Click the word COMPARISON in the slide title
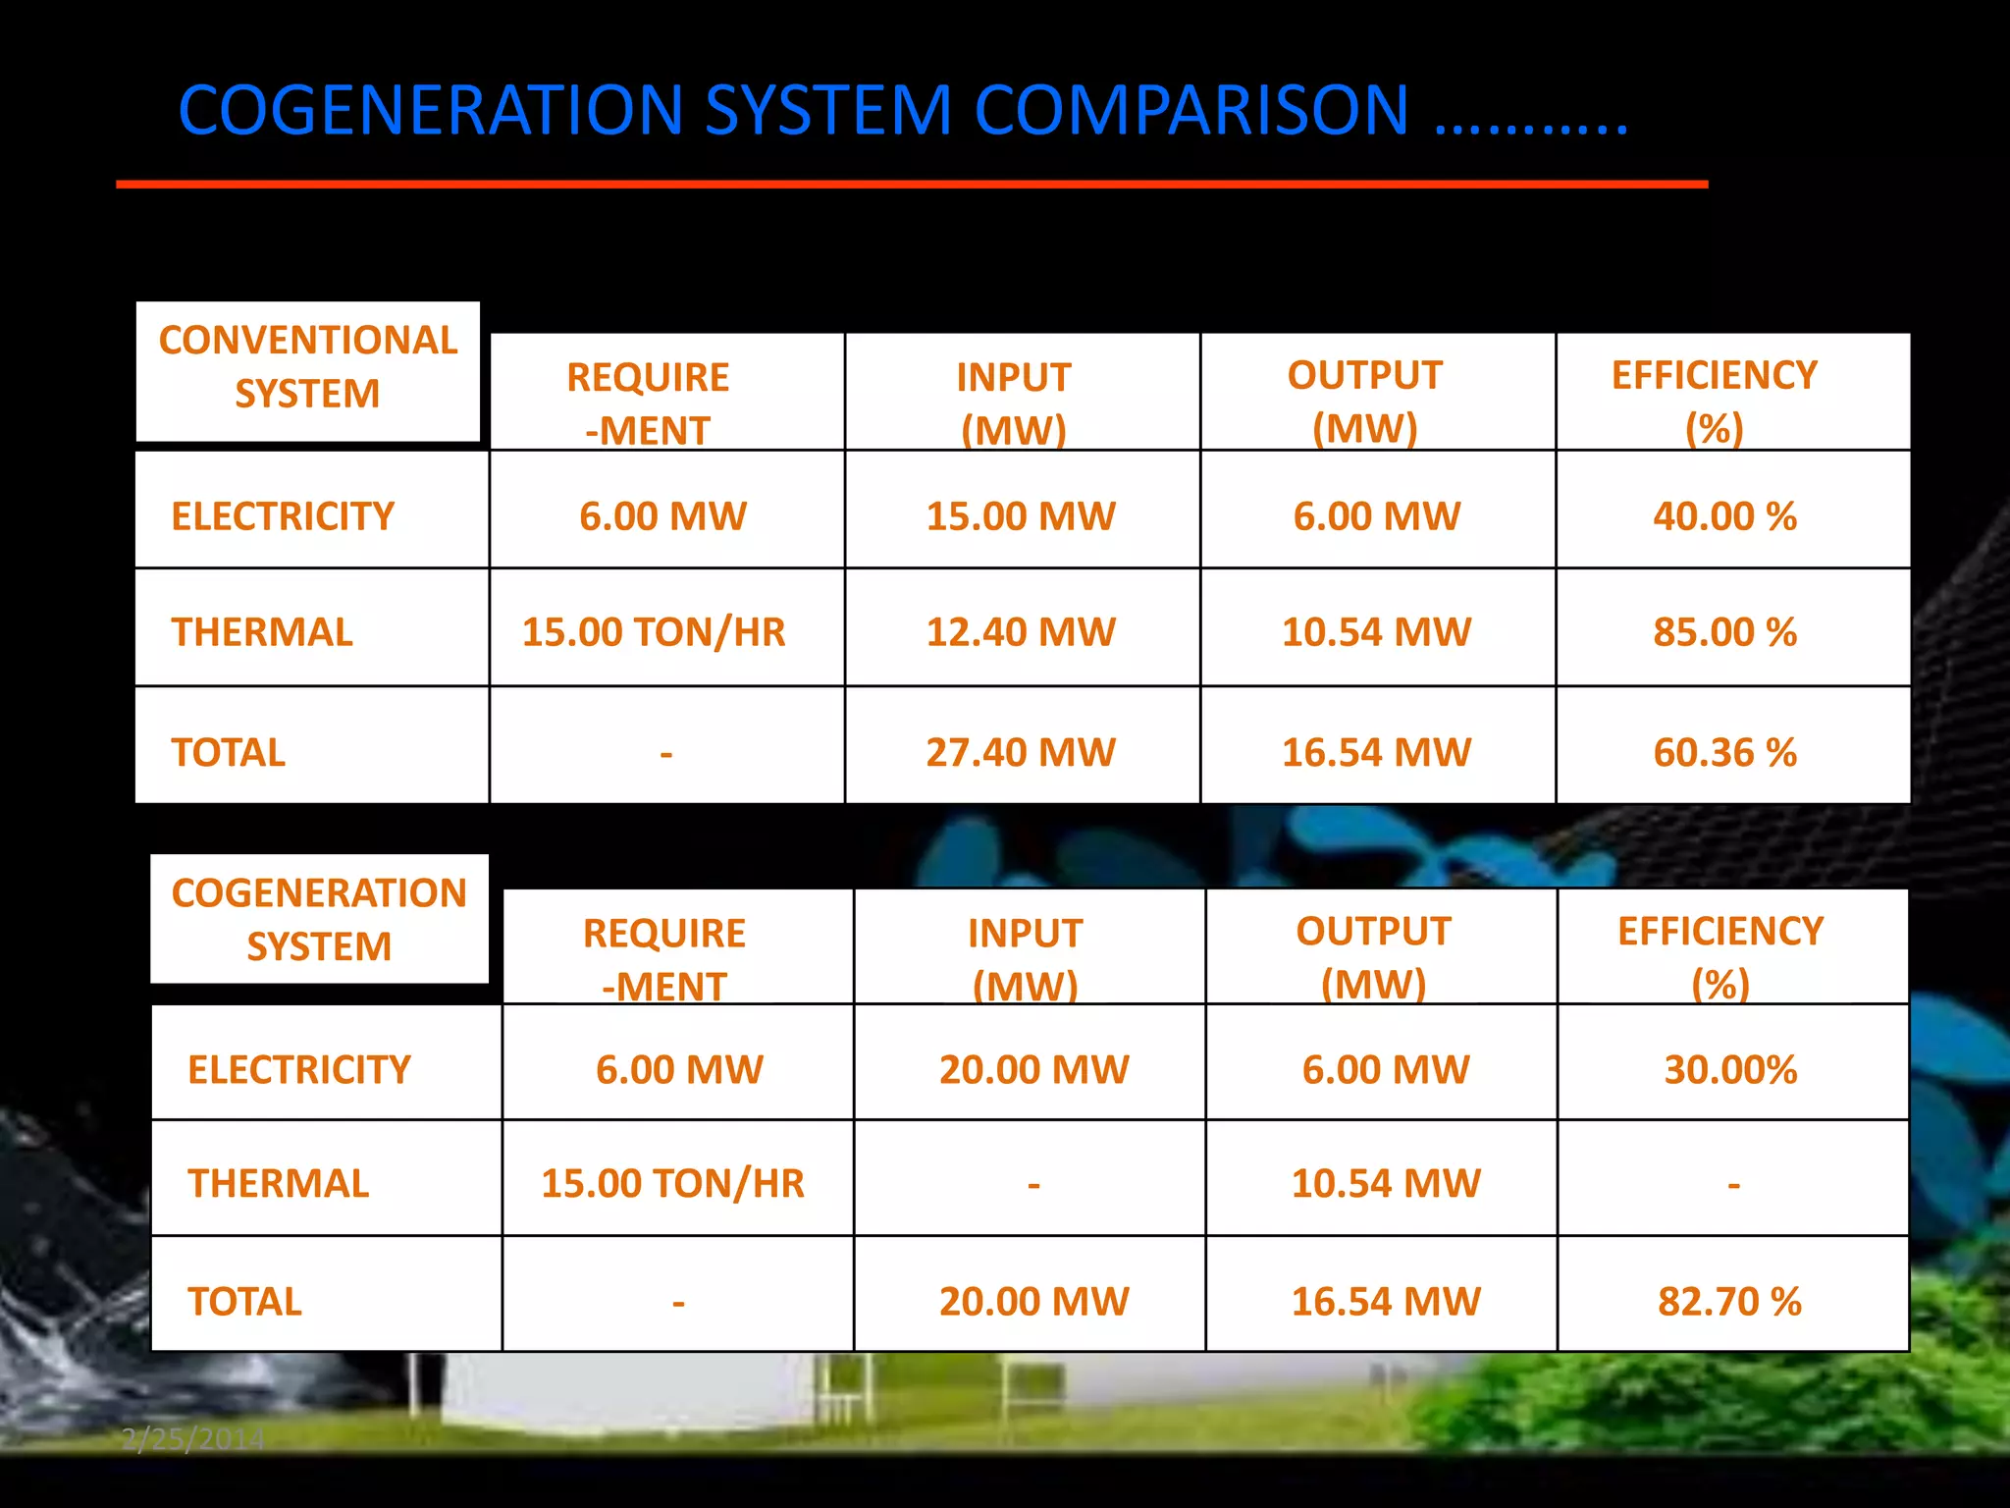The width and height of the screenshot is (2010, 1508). click(1191, 110)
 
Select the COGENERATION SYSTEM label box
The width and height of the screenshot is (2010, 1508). click(319, 920)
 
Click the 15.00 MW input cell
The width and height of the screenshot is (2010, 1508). click(1021, 516)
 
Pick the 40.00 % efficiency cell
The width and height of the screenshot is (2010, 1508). click(1724, 516)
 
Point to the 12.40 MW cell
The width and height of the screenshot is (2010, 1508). click(1021, 632)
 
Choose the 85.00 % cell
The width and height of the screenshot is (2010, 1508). click(1724, 632)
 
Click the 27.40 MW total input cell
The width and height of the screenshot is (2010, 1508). click(1021, 753)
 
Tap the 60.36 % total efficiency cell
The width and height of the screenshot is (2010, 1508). click(1724, 753)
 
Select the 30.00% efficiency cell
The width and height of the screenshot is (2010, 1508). click(1730, 1069)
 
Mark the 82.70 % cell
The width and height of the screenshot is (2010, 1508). click(1729, 1302)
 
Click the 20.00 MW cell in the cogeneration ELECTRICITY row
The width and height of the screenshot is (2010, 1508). click(1033, 1069)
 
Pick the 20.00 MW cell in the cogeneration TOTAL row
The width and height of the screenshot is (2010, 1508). click(1033, 1302)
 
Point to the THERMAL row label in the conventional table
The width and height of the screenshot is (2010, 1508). click(262, 632)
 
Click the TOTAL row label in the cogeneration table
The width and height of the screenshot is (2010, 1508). click(244, 1302)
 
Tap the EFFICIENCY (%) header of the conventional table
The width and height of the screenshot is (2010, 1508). click(1715, 401)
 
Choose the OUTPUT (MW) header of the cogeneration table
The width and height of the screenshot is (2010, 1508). click(1373, 956)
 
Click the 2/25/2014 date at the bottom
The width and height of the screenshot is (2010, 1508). click(192, 1439)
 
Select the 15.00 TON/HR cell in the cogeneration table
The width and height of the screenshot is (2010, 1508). click(673, 1184)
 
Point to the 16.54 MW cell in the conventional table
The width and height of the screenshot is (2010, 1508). click(1376, 753)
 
